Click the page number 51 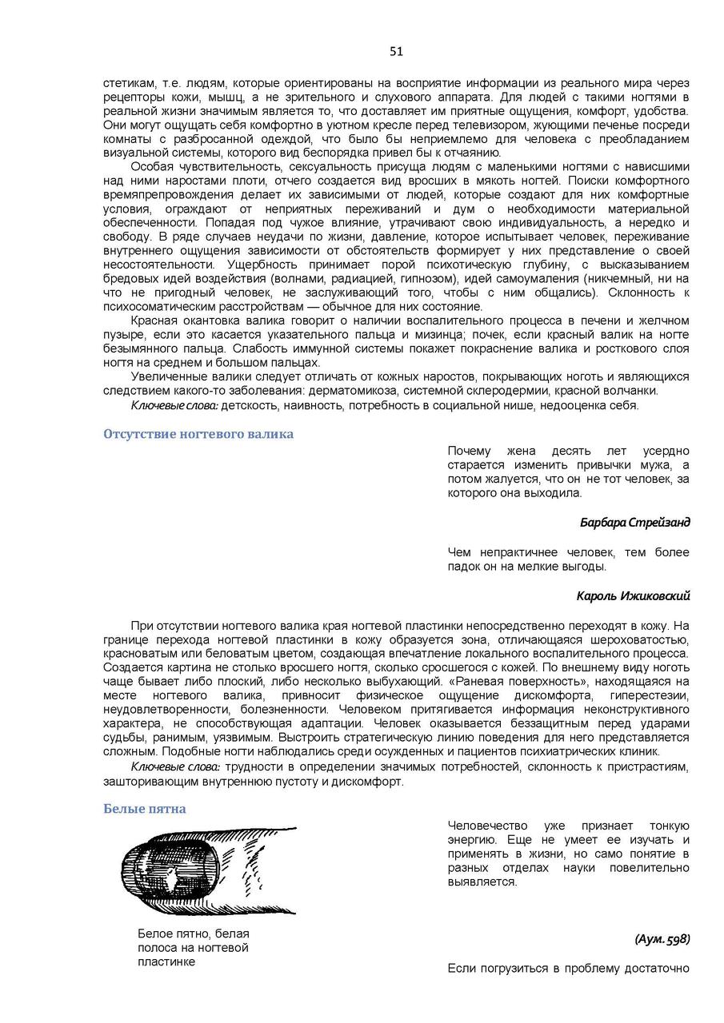point(397,51)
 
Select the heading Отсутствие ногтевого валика point(198,434)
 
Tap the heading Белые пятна point(145,808)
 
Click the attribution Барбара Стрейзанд point(634,523)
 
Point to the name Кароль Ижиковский point(633,595)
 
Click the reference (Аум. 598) point(662,939)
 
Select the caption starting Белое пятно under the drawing point(193,948)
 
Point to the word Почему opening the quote point(470,451)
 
